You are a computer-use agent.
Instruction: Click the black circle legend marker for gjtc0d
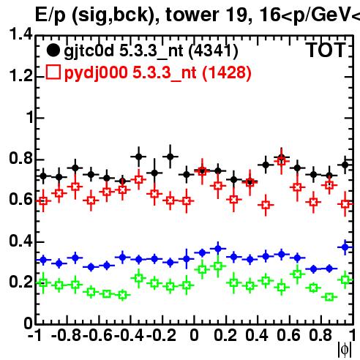53,50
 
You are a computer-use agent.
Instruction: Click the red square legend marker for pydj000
53,72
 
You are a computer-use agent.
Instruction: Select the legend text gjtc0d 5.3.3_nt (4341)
151,51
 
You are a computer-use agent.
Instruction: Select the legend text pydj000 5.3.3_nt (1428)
158,72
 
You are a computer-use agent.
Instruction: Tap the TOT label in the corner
326,50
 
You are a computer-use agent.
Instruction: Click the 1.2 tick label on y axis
20,75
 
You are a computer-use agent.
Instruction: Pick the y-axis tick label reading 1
30,117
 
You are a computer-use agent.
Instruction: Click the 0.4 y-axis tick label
20,241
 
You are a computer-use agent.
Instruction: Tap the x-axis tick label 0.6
288,335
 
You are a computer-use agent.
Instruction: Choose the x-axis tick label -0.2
161,335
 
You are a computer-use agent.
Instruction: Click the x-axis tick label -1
36,335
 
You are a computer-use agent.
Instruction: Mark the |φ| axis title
345,350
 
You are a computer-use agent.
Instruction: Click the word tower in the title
192,15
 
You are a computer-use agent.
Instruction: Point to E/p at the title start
50,15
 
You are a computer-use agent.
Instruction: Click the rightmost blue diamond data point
345,247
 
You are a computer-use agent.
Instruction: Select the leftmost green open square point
43,282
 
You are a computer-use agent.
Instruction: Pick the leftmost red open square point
43,201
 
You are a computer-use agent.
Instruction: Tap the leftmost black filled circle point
43,176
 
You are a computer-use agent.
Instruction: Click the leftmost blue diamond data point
43,260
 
